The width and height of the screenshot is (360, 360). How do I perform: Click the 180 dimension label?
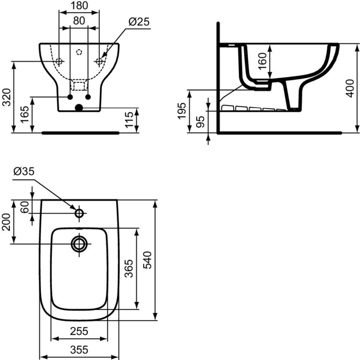[79, 5]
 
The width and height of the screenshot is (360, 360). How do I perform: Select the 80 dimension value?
[79, 21]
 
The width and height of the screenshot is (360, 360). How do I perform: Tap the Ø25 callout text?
[139, 22]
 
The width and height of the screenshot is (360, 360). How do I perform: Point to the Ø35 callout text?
[24, 171]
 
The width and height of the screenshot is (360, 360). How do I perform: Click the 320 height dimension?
[6, 97]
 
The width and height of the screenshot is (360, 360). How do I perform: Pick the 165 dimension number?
[25, 114]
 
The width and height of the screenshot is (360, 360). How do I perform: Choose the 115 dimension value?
[129, 120]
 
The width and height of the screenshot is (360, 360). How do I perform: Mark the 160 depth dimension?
[262, 61]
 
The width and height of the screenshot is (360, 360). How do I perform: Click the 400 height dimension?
[350, 89]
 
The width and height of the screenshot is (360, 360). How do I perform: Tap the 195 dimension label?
[182, 111]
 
